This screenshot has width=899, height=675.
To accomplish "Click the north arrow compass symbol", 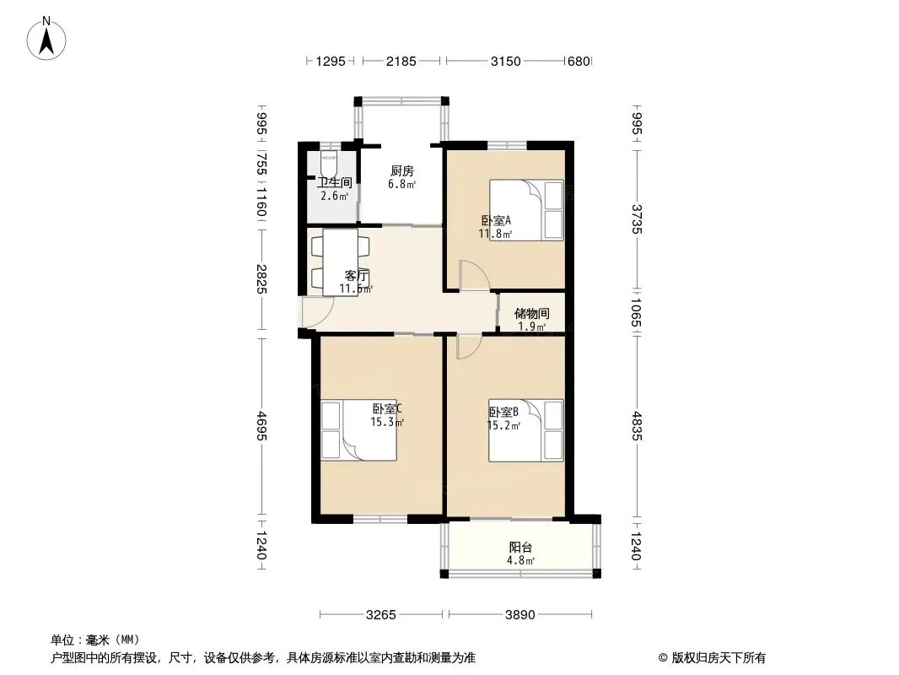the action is coord(46,39).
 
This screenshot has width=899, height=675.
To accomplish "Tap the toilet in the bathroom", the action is coord(329,164).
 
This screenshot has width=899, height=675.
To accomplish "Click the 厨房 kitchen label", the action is coord(402,171).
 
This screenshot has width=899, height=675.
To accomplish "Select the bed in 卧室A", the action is coord(526,210).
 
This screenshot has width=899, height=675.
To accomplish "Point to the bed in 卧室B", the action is coord(525,430).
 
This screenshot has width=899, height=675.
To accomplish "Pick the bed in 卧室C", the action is coord(358,430).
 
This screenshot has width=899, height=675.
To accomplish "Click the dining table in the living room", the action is coord(341,262).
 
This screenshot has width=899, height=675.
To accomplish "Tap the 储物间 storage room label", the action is coord(531,313).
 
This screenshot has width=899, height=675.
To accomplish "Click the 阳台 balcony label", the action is coord(520,547).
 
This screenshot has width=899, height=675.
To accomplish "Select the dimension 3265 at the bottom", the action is coord(380,615).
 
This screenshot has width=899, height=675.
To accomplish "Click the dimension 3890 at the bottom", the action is coord(520,615).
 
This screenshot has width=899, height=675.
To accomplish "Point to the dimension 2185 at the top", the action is coord(401,61).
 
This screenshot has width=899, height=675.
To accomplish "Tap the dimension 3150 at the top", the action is coord(506,61).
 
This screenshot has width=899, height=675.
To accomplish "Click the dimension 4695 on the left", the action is coord(261,426).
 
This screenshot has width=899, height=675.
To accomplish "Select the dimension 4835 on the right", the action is coord(637,426).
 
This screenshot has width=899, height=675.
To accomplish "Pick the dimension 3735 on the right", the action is coord(637,219).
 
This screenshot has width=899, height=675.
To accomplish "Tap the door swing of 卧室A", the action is coord(474,275).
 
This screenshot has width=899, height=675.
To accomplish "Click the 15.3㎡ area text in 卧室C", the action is coord(387,422).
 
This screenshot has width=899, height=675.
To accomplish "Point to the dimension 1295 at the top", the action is coord(331,61).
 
